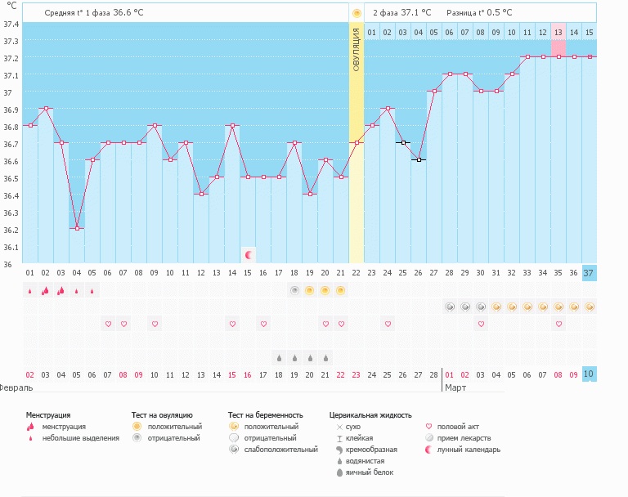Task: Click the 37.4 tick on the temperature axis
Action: tap(10, 24)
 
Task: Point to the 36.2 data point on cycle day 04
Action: tap(77, 228)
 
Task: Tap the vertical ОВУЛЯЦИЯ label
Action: tap(357, 49)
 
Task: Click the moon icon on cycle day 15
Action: tap(249, 255)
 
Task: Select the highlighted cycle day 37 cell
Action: tap(589, 273)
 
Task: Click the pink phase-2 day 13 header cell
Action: tap(558, 33)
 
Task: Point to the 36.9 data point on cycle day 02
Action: tap(46, 108)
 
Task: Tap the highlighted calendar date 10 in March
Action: tap(589, 374)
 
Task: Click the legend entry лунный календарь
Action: tap(468, 450)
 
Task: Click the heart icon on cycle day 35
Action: tap(558, 324)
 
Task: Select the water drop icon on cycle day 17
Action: tap(279, 357)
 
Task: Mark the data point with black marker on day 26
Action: tap(419, 159)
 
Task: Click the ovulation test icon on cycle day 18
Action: tap(294, 290)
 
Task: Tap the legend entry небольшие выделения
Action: tap(80, 438)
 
